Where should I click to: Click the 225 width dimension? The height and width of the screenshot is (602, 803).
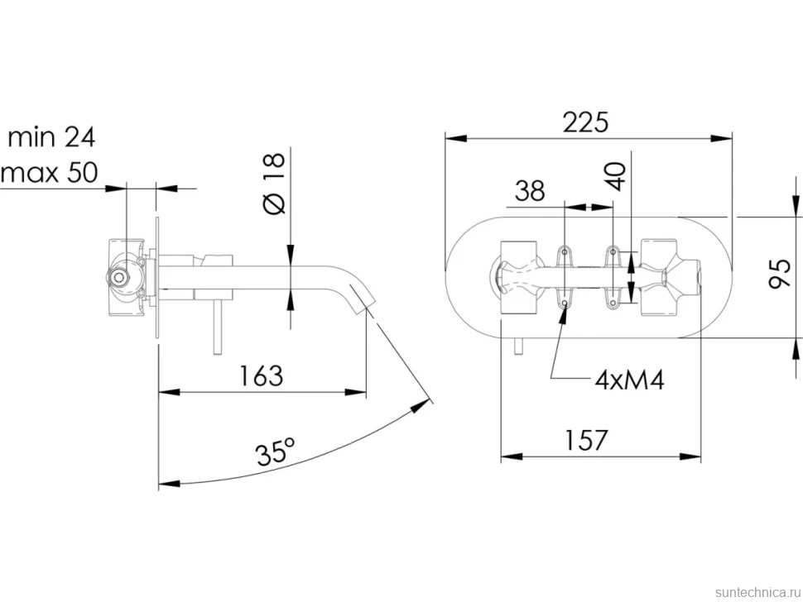pyautogui.click(x=585, y=122)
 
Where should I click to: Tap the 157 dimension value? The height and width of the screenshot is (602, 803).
pyautogui.click(x=585, y=440)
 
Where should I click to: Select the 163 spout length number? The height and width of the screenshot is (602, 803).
pyautogui.click(x=261, y=376)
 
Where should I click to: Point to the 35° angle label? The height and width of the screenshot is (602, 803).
pyautogui.click(x=276, y=451)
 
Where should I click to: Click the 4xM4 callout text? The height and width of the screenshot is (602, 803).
pyautogui.click(x=629, y=380)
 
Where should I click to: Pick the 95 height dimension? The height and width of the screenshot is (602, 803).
pyautogui.click(x=780, y=275)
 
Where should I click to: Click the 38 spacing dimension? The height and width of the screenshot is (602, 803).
pyautogui.click(x=530, y=191)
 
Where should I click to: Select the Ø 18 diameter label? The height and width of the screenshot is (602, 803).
pyautogui.click(x=274, y=183)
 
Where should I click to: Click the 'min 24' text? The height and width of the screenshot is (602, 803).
pyautogui.click(x=51, y=137)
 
